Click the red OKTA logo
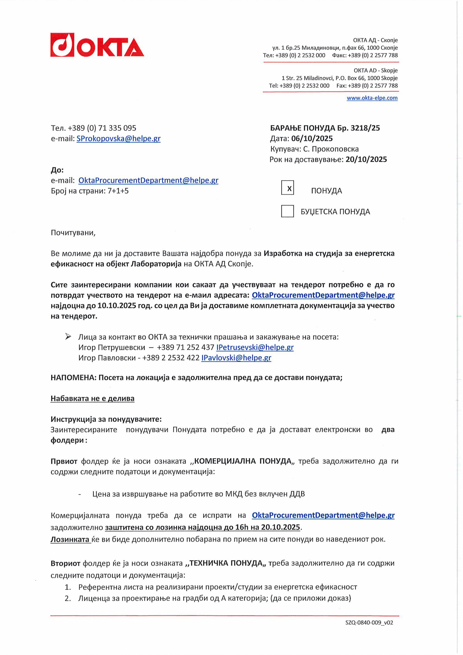(97, 45)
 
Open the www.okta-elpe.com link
(372, 98)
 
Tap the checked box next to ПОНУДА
(287, 188)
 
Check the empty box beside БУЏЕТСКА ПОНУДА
(287, 211)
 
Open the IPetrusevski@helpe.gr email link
(255, 347)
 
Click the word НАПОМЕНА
(73, 378)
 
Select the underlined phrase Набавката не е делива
(92, 399)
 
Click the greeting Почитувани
(73, 233)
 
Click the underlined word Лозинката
(70, 539)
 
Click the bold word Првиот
(64, 461)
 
